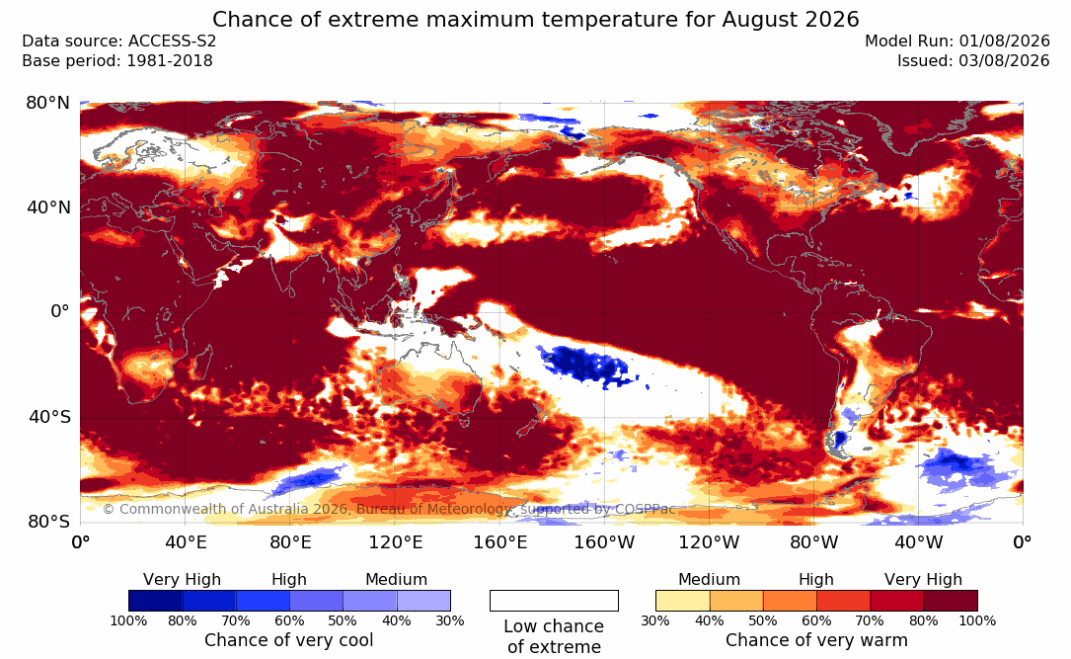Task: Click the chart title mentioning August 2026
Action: [x=535, y=19]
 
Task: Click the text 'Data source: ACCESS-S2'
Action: [x=118, y=41]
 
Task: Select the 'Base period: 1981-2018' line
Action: [x=116, y=61]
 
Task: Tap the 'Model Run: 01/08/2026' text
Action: [x=956, y=41]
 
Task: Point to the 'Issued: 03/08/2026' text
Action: [x=973, y=61]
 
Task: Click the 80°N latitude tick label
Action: [x=47, y=103]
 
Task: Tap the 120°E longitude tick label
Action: [x=396, y=542]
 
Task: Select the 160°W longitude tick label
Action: [x=604, y=542]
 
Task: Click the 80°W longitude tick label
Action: [x=813, y=542]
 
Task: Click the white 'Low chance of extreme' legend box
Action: [x=554, y=601]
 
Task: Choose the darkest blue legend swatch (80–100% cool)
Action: [x=155, y=601]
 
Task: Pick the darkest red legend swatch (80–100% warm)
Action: [x=951, y=601]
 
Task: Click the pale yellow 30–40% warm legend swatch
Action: [x=682, y=601]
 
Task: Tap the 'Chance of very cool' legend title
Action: [x=289, y=640]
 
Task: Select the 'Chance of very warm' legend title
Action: [x=817, y=640]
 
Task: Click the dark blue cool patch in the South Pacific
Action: [x=584, y=365]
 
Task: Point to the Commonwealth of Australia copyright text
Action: [x=389, y=509]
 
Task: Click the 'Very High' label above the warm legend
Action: [x=924, y=580]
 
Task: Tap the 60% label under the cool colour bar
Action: [x=289, y=620]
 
